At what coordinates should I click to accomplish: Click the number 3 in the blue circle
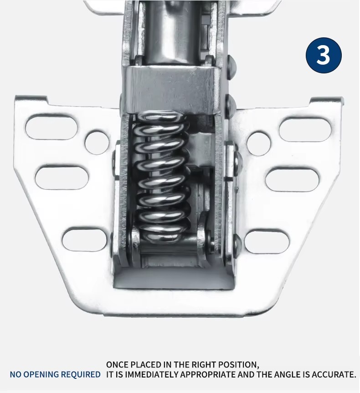point(323,55)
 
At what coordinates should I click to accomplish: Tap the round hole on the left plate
point(97,142)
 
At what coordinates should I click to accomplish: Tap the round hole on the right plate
point(258,143)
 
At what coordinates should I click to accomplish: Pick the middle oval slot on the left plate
point(62,178)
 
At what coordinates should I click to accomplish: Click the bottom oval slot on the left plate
point(84,239)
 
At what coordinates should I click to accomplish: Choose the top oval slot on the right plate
point(305,129)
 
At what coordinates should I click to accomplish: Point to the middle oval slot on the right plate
point(292,180)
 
